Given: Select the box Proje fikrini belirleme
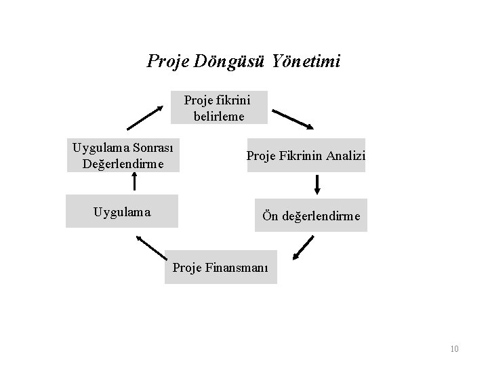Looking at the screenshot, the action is (217, 107).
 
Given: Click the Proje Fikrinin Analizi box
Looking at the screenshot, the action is (306, 156).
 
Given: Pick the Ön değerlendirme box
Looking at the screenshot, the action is (311, 216).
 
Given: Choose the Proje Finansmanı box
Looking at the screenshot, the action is (220, 267).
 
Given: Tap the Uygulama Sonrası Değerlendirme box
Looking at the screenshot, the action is (123, 155).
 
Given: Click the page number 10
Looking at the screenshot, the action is (454, 349).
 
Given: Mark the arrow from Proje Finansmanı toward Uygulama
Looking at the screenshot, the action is (150, 246).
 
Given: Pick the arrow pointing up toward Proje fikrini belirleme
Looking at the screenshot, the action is (146, 117).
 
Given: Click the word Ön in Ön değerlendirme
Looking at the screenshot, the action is (270, 216).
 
